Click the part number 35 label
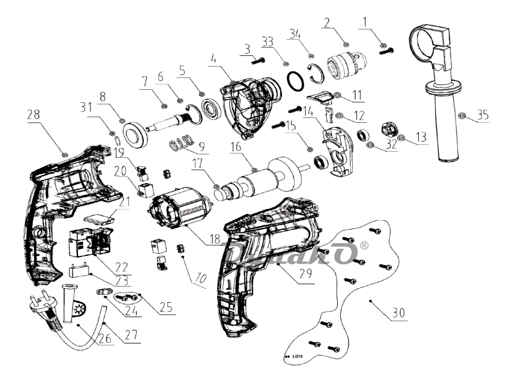tap(483, 115)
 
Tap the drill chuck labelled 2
tap(345, 65)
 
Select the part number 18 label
tap(215, 239)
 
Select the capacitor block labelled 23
tap(79, 272)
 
